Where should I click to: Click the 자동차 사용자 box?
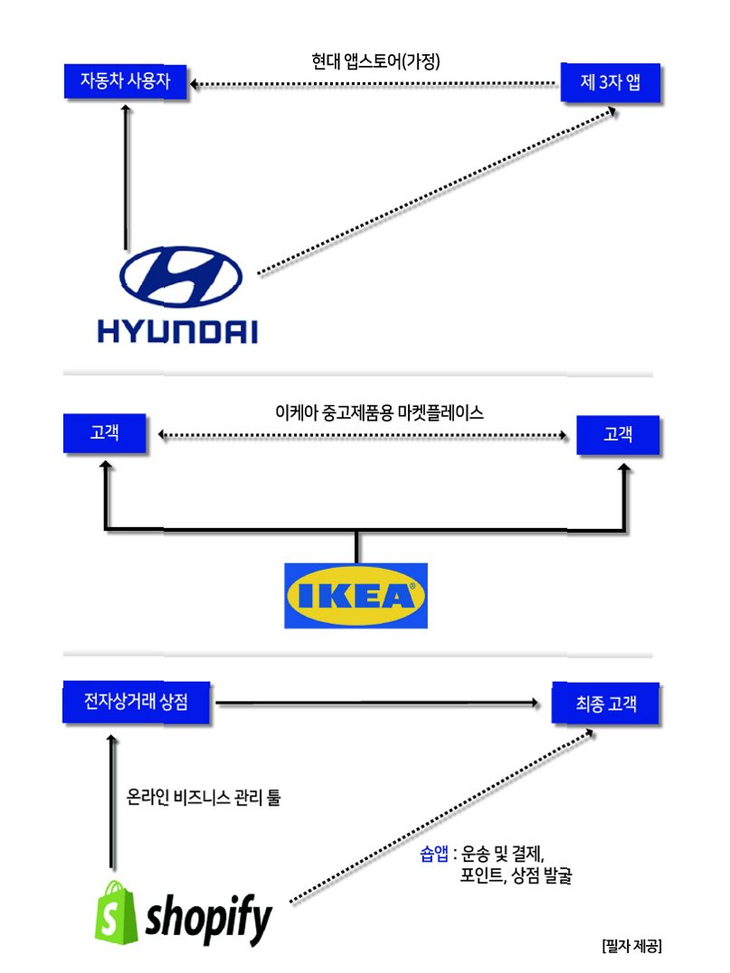[x=126, y=82]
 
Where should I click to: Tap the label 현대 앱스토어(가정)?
[x=374, y=62]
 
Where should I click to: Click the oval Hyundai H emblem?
[x=181, y=276]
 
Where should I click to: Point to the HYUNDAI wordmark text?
[x=177, y=329]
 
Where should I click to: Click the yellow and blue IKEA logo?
[x=356, y=595]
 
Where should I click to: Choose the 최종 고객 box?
[x=605, y=703]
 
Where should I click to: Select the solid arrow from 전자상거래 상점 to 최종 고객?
[x=380, y=702]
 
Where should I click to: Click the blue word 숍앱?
[x=434, y=854]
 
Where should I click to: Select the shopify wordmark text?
[x=210, y=917]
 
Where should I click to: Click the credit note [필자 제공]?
[x=631, y=946]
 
